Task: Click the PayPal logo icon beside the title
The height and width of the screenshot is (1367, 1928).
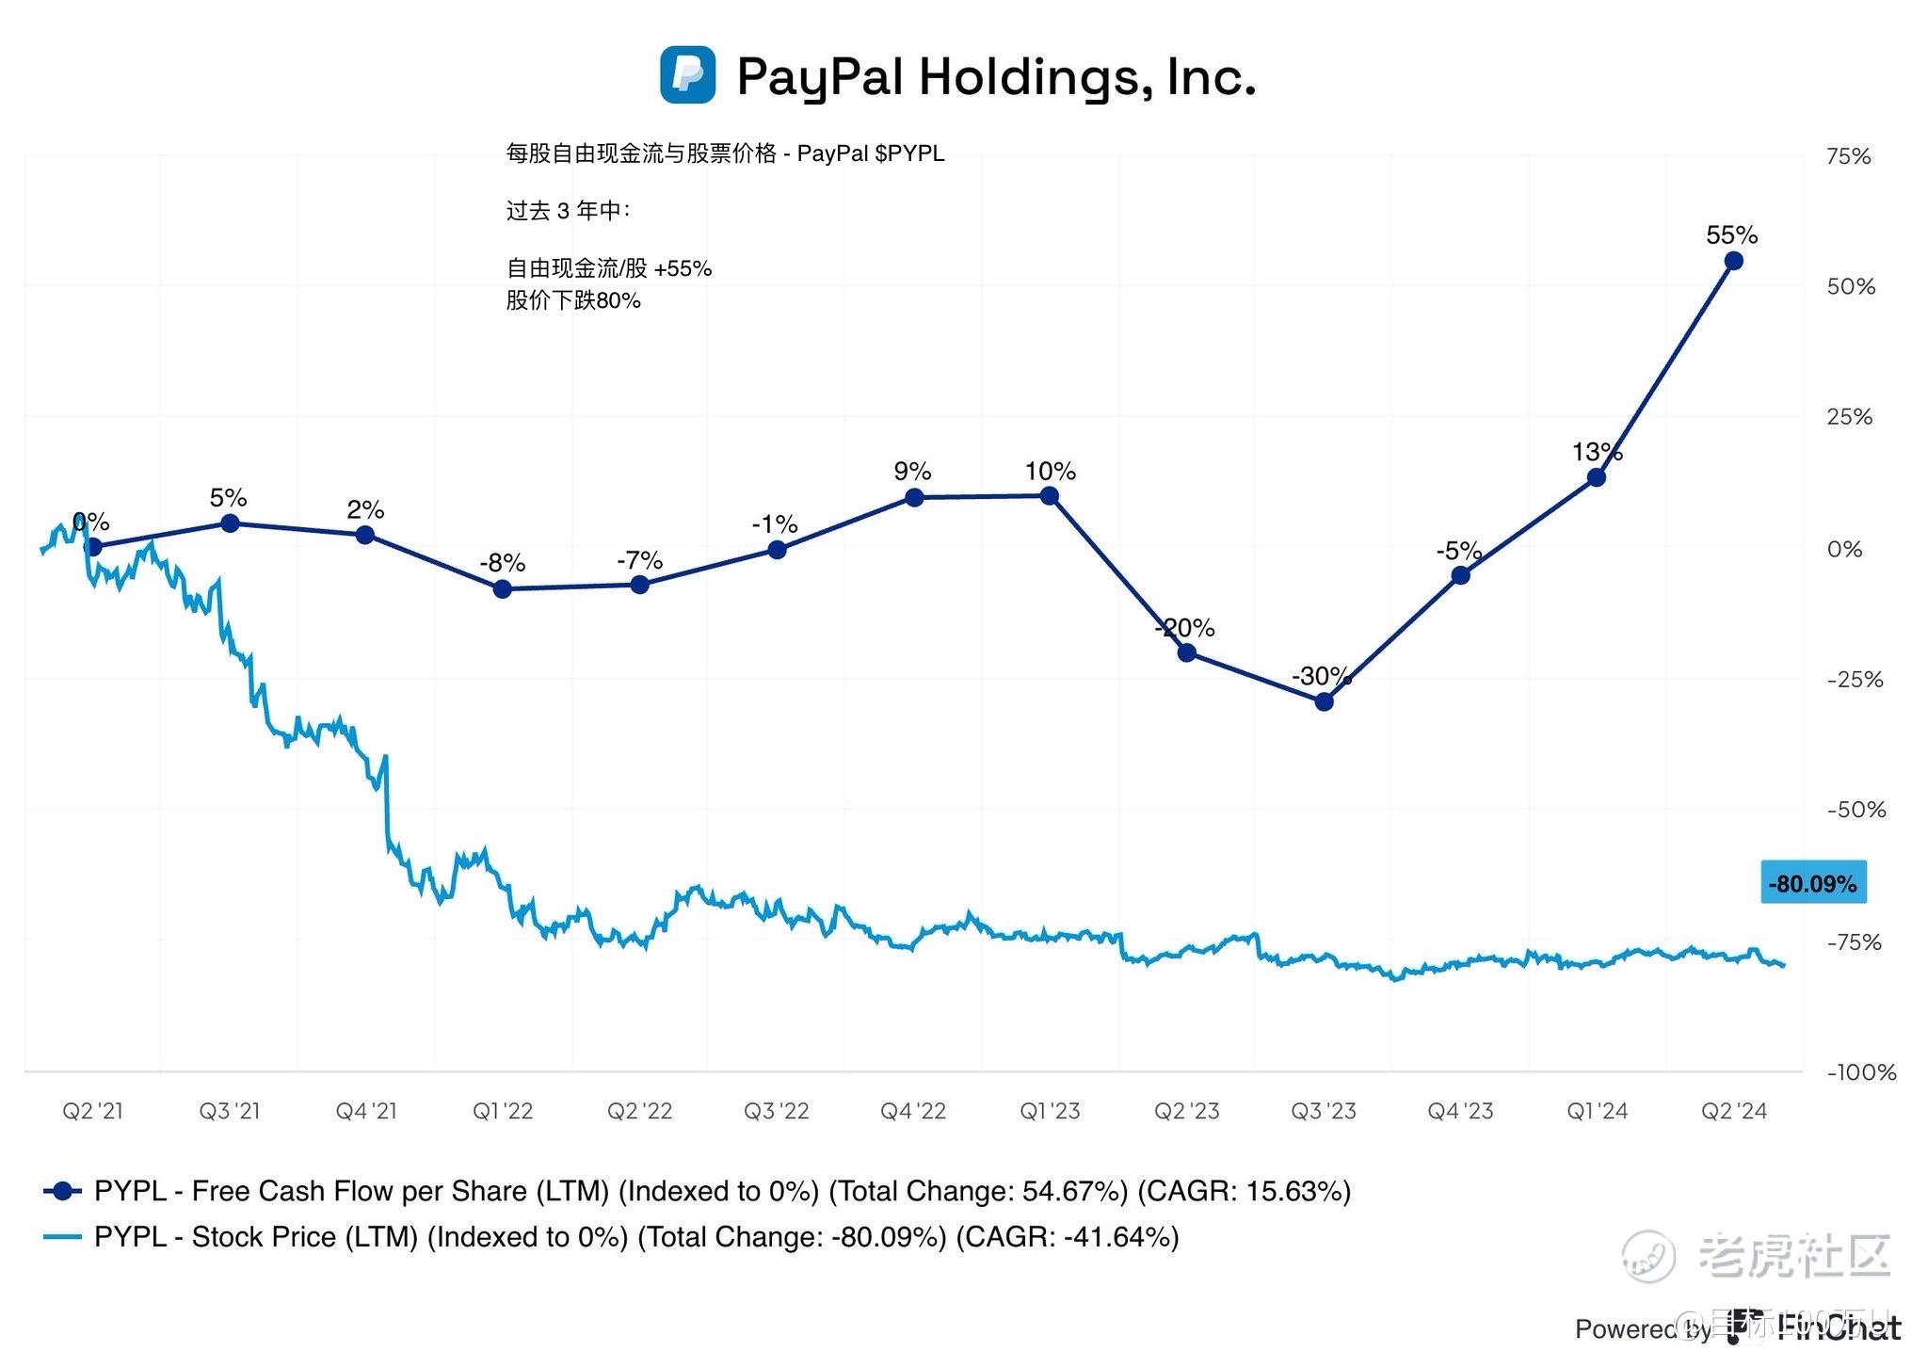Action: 687,74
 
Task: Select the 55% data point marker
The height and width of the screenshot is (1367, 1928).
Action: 1732,261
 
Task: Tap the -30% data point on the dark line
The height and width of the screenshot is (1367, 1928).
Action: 1324,701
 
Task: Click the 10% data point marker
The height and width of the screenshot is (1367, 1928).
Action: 1050,496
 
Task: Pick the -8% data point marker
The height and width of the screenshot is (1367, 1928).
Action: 503,588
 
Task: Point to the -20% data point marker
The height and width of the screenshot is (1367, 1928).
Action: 1187,652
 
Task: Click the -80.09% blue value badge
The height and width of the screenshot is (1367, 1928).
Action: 1812,883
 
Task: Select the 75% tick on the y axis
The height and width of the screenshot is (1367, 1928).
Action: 1848,156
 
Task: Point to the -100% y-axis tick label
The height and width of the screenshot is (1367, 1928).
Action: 1861,1071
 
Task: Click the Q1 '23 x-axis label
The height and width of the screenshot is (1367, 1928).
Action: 1050,1111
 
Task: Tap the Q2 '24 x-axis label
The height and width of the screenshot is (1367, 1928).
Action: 1733,1111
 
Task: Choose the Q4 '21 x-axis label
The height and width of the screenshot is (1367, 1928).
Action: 366,1111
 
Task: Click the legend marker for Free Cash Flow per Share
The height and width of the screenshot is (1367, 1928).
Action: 63,1191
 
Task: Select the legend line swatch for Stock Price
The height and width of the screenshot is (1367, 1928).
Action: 63,1236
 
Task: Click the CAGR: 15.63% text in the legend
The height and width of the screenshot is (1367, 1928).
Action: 1245,1191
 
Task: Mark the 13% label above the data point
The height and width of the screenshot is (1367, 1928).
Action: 1597,452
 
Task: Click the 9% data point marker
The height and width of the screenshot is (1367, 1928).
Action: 913,497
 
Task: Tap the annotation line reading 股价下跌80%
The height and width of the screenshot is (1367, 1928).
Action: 573,300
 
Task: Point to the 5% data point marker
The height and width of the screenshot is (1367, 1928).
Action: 230,523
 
